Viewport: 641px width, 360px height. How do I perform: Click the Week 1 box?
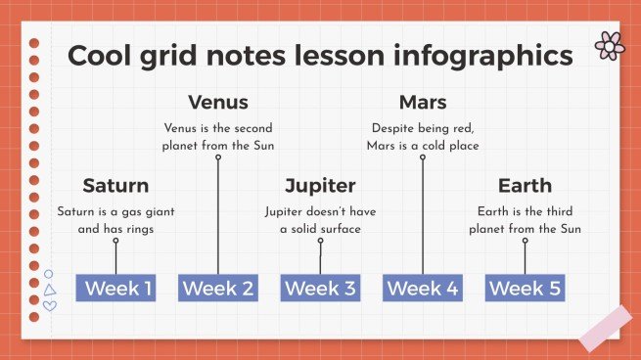(x=116, y=288)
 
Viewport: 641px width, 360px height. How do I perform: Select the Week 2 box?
(x=218, y=288)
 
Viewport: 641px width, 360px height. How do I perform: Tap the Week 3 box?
(x=320, y=288)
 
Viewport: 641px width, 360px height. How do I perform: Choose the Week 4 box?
(x=423, y=288)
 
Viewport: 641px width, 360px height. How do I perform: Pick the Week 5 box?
(x=525, y=288)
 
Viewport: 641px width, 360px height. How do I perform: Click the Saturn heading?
(x=115, y=186)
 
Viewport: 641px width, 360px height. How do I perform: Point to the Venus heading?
(x=217, y=103)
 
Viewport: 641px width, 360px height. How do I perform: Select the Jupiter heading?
(x=320, y=186)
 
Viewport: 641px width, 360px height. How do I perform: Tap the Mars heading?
(x=423, y=103)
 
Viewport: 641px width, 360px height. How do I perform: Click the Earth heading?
(x=525, y=186)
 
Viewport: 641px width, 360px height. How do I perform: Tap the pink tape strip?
(x=605, y=328)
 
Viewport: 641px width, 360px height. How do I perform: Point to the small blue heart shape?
(x=50, y=305)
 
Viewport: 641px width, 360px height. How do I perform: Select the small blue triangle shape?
(x=50, y=290)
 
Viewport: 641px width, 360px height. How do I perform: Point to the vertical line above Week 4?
(x=423, y=215)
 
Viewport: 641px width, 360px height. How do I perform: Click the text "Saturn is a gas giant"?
(x=115, y=211)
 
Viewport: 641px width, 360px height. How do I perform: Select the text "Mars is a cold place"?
(x=423, y=146)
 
